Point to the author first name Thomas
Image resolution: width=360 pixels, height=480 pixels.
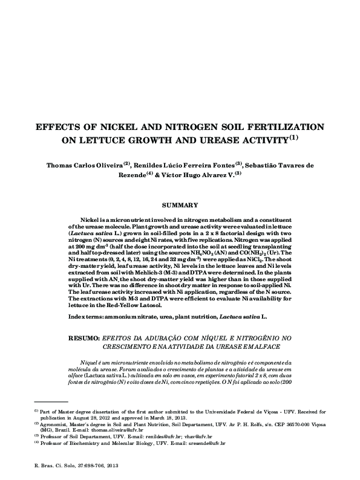62,166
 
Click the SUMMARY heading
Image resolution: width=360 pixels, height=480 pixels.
180,206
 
